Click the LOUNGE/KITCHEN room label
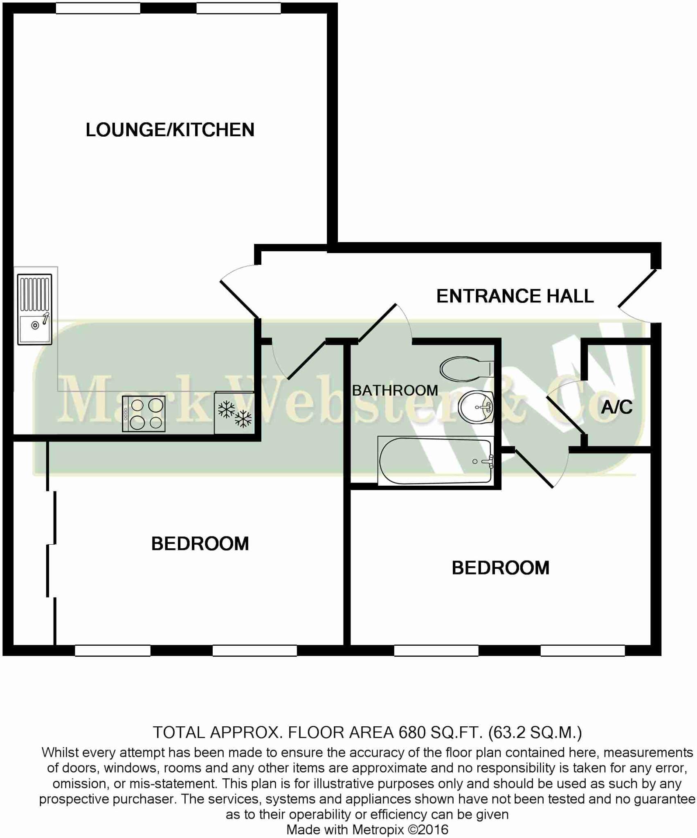pyautogui.click(x=170, y=130)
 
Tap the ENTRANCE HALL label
pyautogui.click(x=515, y=296)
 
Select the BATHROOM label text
pyautogui.click(x=395, y=390)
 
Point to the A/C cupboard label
pyautogui.click(x=617, y=407)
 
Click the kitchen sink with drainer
pyautogui.click(x=35, y=309)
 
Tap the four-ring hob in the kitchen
pyautogui.click(x=144, y=414)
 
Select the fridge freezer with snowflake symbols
pyautogui.click(x=234, y=413)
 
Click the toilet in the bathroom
pyautogui.click(x=466, y=369)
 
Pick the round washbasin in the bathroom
pyautogui.click(x=475, y=407)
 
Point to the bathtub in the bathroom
pyautogui.click(x=436, y=461)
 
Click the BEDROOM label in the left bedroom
pyautogui.click(x=200, y=544)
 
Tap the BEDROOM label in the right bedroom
pyautogui.click(x=500, y=568)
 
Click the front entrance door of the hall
pyautogui.click(x=636, y=289)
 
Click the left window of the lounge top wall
pyautogui.click(x=98, y=8)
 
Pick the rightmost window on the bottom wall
pyautogui.click(x=582, y=651)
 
